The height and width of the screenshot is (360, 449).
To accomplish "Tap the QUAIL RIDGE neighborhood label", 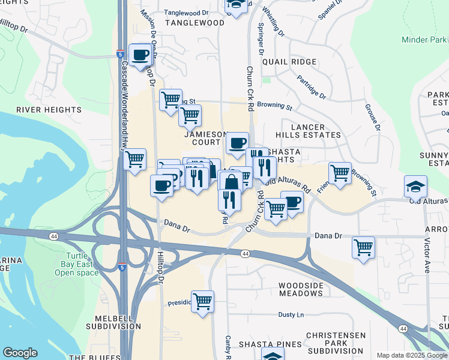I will point(294,62).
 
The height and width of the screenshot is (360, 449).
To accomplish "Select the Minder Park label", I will point(424,40).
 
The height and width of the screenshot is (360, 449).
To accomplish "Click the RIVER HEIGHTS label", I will point(49,110).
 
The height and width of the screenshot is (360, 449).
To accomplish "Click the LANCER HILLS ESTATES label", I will point(308,131).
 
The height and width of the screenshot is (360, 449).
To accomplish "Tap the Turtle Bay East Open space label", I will point(77,264).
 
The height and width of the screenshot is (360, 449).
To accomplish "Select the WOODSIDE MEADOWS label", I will point(301,289).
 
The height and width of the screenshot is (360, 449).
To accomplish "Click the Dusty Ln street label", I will point(291,314).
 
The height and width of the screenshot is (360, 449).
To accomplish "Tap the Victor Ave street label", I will point(427,256).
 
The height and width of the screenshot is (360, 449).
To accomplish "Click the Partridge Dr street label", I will point(310,88).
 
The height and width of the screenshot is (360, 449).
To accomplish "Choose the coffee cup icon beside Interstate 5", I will point(140,55).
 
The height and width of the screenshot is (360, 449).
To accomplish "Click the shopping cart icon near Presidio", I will point(203,301).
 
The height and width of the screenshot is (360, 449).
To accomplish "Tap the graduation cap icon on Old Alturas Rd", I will point(415,187).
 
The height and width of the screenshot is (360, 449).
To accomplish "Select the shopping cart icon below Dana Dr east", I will point(363,247).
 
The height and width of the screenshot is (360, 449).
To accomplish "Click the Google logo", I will point(20,353).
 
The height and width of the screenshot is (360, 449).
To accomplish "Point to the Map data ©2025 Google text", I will point(412,355).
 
